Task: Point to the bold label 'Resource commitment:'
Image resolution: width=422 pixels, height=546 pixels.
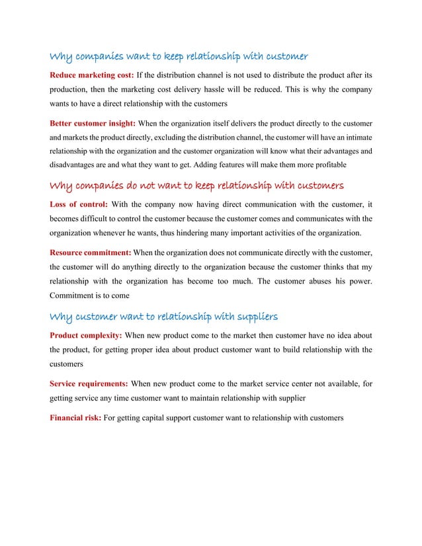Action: (x=91, y=252)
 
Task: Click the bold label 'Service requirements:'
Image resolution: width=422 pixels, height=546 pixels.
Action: (x=89, y=383)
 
